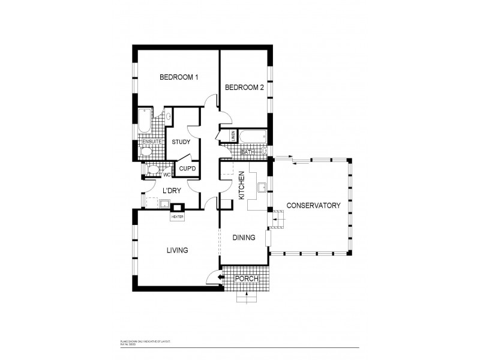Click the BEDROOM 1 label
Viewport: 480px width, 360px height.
[x=178, y=77]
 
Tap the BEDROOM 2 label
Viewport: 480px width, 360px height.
[x=244, y=88]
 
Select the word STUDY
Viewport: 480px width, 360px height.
[x=181, y=142]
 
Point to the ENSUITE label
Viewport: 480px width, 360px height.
[x=148, y=142]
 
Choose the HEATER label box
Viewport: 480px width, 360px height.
[x=177, y=217]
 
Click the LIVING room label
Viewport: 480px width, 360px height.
[x=178, y=250]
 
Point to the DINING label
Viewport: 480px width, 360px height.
[x=244, y=238]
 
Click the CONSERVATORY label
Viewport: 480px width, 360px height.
[x=313, y=205]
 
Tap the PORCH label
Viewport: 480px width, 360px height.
[x=245, y=279]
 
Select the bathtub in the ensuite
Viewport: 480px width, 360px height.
[x=145, y=121]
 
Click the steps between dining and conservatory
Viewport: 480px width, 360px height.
[x=277, y=220]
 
